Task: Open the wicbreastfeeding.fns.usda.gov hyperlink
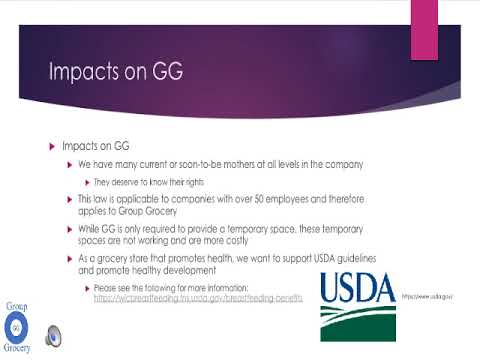pos(197,298)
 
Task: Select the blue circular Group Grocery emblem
pos(16,326)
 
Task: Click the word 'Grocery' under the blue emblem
pos(16,348)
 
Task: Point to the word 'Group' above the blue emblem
pos(16,305)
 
